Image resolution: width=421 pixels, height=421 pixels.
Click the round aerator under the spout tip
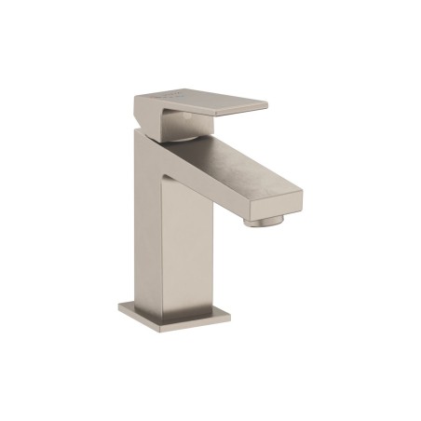tap(265, 221)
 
